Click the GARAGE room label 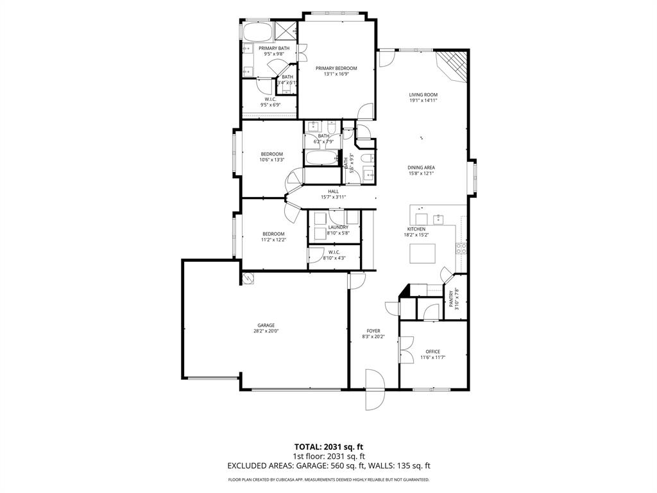pos(266,325)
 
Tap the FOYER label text pos(373,331)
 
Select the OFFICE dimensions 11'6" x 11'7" pos(432,358)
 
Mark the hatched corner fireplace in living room pos(454,65)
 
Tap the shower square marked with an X pos(285,31)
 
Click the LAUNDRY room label pos(338,227)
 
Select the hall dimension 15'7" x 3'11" pos(334,197)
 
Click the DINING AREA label pos(421,168)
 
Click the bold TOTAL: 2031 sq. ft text pos(328,446)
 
